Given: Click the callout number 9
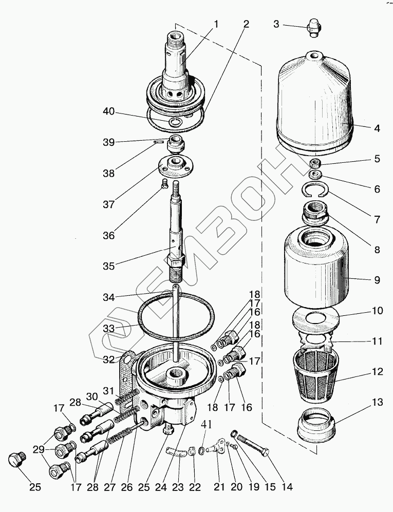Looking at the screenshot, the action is (377, 280).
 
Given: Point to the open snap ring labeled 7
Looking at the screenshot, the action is (314, 191).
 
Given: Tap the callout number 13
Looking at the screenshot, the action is (377, 402).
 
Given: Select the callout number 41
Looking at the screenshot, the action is (206, 425).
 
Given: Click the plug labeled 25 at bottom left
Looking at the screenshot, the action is (18, 459).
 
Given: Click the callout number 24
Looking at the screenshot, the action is (164, 486).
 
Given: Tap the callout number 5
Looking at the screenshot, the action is (377, 159).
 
